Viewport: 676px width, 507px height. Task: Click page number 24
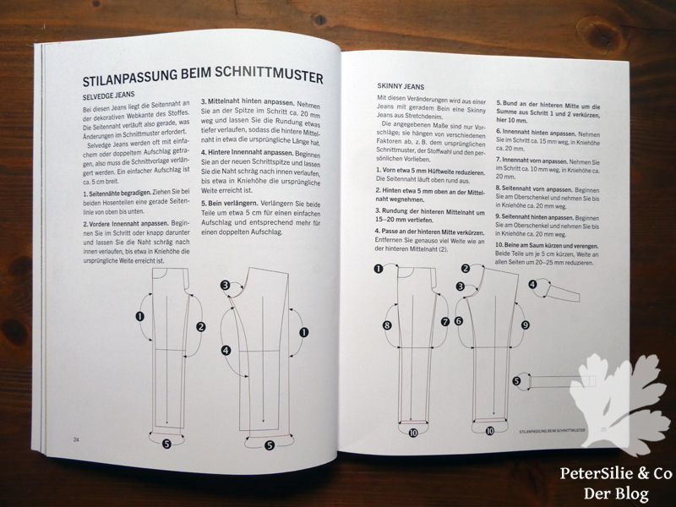[x=75, y=439]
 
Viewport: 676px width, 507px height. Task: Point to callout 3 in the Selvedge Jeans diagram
[x=226, y=286]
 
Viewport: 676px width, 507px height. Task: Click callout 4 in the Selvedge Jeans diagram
[x=226, y=350]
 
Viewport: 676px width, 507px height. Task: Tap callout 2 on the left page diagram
[x=200, y=326]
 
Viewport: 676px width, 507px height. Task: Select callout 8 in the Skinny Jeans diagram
[x=387, y=325]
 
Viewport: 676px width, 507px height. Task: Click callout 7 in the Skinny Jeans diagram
[x=444, y=321]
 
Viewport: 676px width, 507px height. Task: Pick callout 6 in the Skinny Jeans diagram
[x=459, y=321]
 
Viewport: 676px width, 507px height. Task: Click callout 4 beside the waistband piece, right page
[x=532, y=284]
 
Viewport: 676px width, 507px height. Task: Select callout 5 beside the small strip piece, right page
[x=516, y=380]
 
